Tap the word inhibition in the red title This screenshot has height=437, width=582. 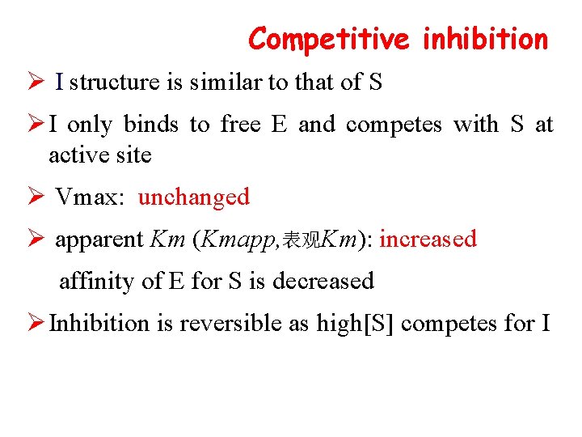click(485, 38)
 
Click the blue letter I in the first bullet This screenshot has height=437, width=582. click(60, 83)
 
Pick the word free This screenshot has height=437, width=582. click(240, 125)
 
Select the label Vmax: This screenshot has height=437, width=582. click(89, 197)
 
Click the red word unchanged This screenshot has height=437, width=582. click(194, 197)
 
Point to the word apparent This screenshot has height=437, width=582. click(99, 240)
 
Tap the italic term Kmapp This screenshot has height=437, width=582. click(234, 240)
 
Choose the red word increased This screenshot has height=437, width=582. click(428, 240)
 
